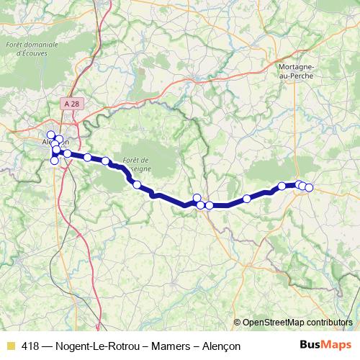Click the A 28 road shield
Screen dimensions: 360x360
tap(70, 104)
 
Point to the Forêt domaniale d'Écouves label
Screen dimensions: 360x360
tap(30, 50)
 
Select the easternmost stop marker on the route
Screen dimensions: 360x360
tap(309, 188)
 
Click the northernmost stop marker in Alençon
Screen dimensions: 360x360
tap(51, 135)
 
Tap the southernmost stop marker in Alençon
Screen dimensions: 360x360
tap(54, 160)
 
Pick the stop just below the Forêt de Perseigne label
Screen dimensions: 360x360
tap(136, 185)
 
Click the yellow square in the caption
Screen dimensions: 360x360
tap(10, 346)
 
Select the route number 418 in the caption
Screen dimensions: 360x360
tap(31, 346)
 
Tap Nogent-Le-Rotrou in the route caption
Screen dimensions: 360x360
tap(95, 346)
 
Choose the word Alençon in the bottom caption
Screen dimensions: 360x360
tap(217, 346)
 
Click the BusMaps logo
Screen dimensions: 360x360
tap(321, 346)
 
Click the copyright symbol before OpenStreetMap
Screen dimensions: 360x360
tap(238, 322)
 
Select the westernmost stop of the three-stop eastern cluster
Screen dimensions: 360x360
tap(299, 184)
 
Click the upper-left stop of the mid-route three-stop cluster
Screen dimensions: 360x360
tap(197, 198)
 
